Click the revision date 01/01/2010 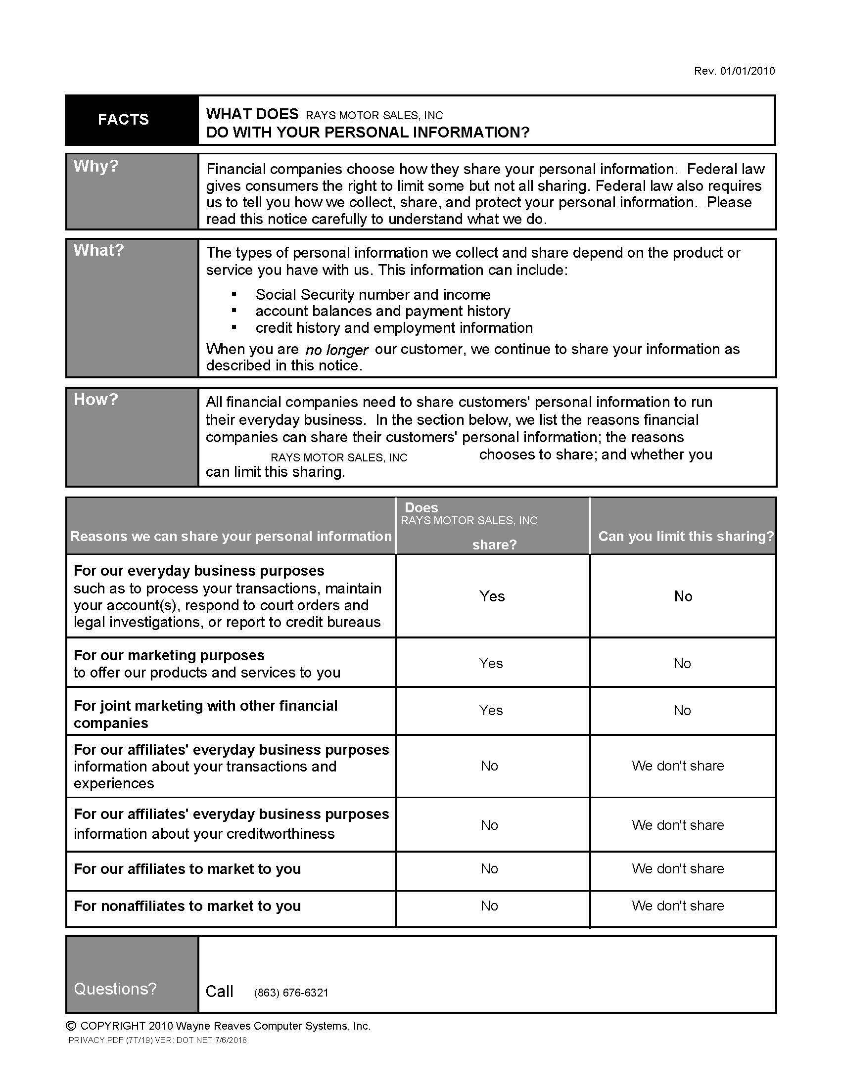(747, 71)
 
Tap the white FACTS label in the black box (123, 120)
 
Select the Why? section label (96, 166)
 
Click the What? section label (98, 250)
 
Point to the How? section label (95, 400)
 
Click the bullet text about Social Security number (373, 294)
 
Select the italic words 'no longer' (336, 350)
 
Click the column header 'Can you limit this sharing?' (686, 536)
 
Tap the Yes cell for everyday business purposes (492, 596)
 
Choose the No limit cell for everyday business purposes (683, 596)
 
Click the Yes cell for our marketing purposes (491, 663)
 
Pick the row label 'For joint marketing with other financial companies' (205, 714)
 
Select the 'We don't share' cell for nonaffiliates (678, 906)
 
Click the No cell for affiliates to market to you (489, 869)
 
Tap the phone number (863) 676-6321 (291, 993)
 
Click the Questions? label (115, 989)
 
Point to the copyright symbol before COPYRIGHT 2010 (71, 1026)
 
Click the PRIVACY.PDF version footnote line (157, 1040)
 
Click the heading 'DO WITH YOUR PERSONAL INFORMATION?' (368, 133)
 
